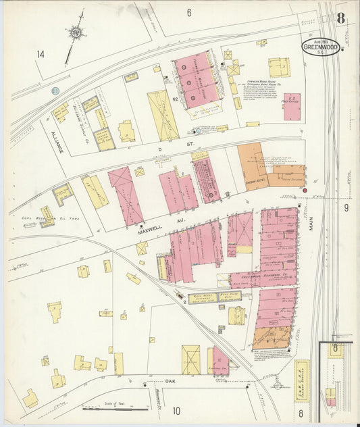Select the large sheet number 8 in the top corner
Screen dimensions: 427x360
341,18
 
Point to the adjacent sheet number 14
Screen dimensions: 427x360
41,54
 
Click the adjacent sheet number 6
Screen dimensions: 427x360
190,12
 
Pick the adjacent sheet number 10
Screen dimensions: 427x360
176,410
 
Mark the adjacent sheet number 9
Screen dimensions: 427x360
346,207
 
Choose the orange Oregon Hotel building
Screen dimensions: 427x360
253,166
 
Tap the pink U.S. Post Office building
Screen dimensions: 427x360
292,107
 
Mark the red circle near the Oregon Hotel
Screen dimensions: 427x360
305,191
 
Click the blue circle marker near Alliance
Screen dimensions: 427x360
55,91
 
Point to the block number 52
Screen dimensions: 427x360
174,99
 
